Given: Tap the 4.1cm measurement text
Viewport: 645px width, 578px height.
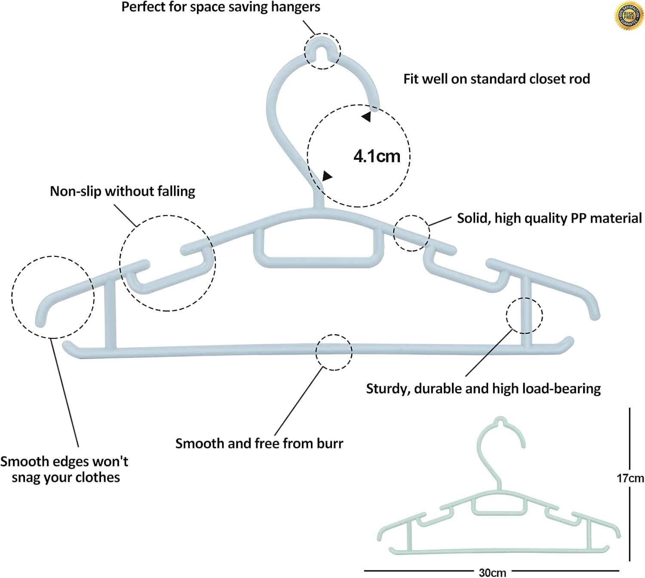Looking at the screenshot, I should (377, 156).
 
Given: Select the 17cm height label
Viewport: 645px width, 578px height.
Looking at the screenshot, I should (630, 478).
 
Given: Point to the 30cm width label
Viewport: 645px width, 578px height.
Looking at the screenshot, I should (492, 572).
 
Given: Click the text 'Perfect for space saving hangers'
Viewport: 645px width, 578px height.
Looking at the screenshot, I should (221, 7).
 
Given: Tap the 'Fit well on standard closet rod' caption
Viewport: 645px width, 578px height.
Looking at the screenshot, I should (496, 79).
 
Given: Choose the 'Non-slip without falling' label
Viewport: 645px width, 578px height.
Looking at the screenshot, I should (123, 191).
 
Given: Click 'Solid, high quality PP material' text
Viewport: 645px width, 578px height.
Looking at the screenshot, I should (549, 218).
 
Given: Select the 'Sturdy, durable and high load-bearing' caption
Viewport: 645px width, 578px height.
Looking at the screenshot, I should (483, 389).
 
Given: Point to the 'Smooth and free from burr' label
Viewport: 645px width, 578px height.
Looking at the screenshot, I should (259, 443).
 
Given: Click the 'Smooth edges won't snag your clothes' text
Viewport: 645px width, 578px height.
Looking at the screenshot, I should (64, 469).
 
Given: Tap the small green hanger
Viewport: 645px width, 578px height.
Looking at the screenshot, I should (499, 511).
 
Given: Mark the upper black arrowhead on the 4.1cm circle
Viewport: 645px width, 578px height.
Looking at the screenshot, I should (366, 116).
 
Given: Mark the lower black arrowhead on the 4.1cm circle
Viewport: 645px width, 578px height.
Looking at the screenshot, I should (327, 176).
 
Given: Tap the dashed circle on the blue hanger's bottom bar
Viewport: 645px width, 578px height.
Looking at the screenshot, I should (334, 352).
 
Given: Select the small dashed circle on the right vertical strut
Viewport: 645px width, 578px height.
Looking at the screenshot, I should (524, 316).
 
